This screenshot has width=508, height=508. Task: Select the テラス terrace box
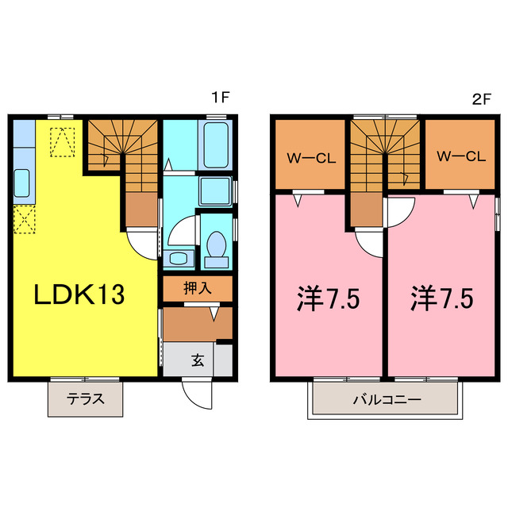[86, 399]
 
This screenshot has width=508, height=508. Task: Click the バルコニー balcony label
[386, 399]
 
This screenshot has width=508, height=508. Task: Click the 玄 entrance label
[197, 360]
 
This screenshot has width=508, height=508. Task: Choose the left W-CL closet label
[310, 156]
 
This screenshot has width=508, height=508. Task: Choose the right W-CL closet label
[460, 156]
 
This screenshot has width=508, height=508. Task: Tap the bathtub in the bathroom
[214, 144]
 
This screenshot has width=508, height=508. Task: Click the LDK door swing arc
[143, 241]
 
